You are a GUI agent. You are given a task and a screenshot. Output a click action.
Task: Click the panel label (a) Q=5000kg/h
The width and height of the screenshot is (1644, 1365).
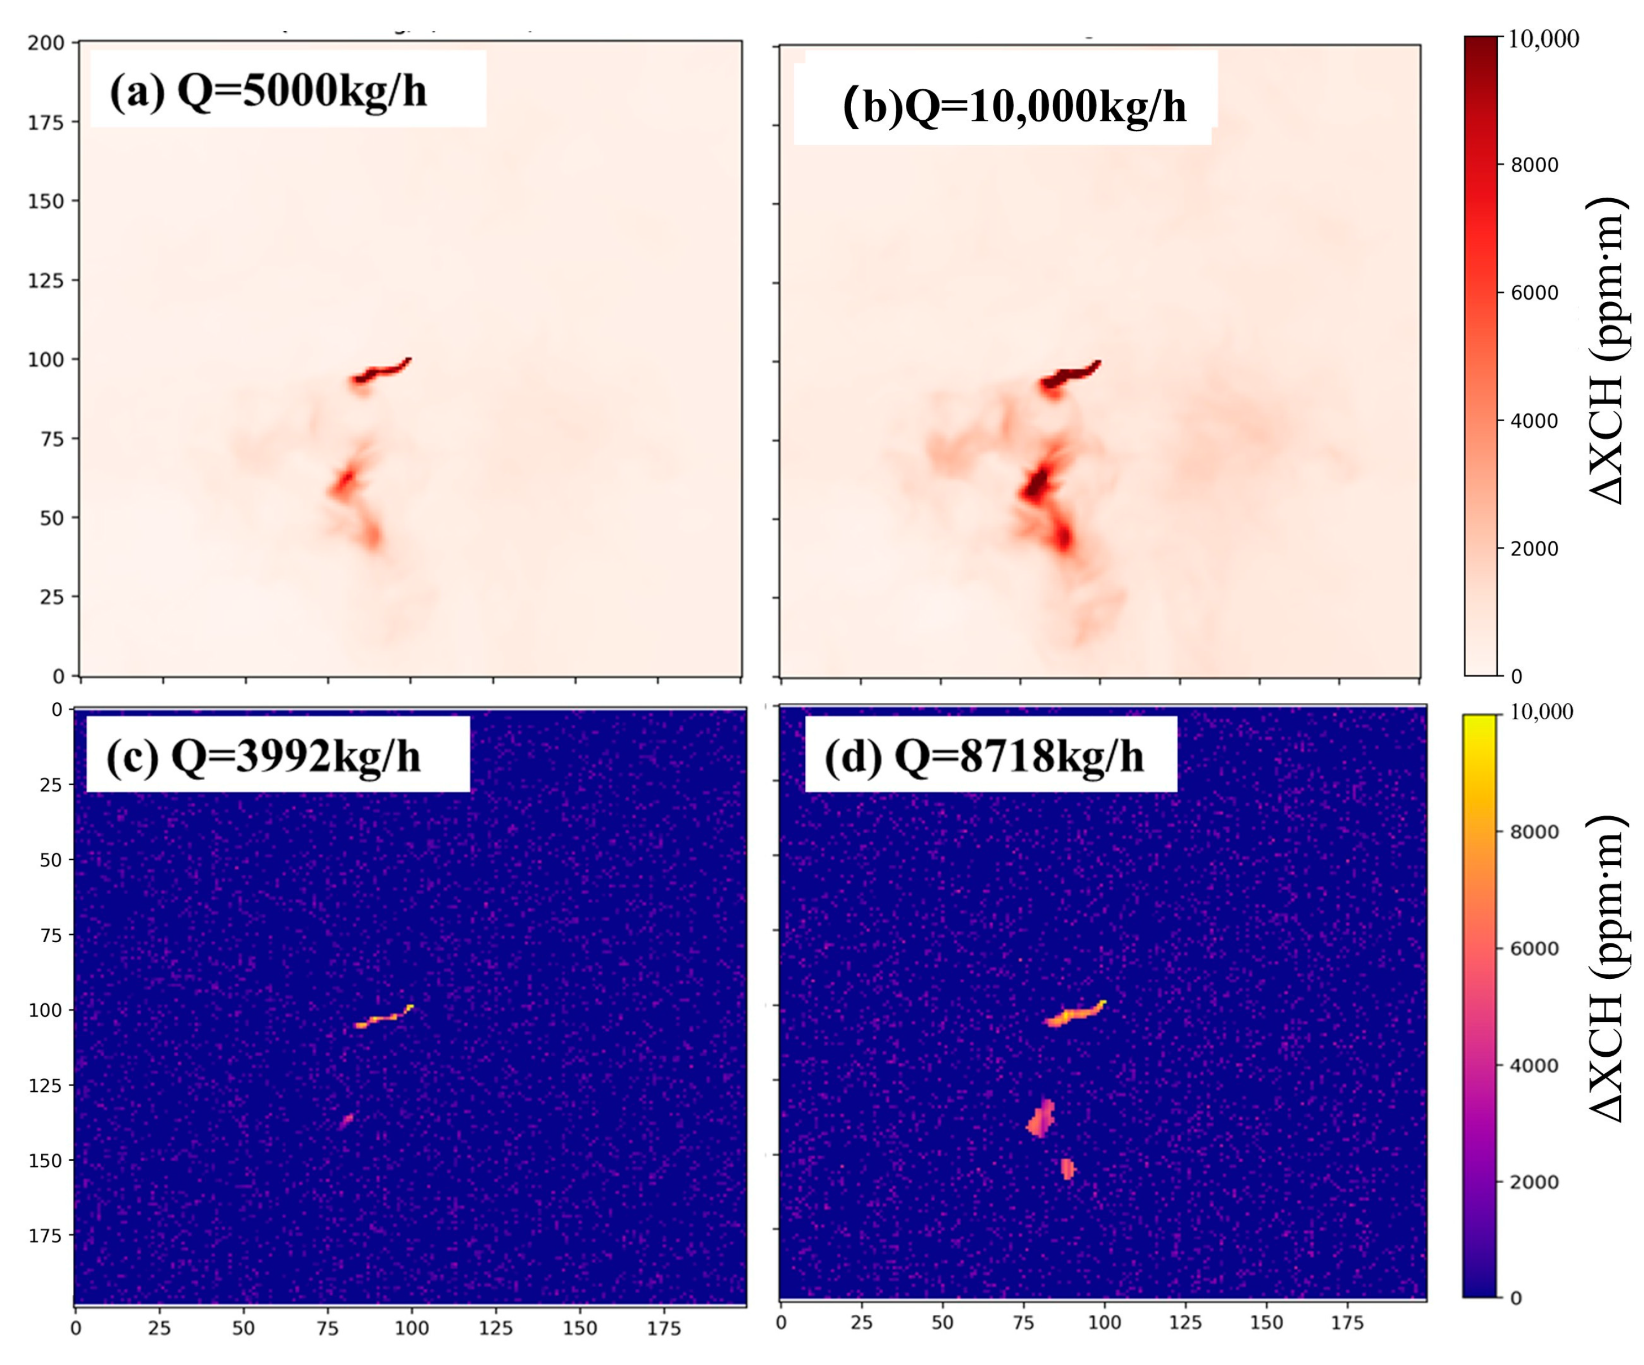(268, 91)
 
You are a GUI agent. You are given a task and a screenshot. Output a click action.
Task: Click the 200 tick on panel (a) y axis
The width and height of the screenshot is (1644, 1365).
(46, 43)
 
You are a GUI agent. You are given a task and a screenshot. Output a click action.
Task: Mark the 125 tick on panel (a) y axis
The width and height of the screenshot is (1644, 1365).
(46, 280)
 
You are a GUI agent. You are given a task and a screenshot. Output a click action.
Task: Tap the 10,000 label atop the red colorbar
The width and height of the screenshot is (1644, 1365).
(1543, 39)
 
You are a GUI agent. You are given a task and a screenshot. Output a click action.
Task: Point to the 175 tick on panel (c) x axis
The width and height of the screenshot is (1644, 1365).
(664, 1328)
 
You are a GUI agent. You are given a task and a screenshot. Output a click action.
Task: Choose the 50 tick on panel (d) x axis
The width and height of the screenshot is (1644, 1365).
(942, 1323)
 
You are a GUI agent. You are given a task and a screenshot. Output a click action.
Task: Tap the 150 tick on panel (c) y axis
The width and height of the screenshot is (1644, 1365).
(50, 1161)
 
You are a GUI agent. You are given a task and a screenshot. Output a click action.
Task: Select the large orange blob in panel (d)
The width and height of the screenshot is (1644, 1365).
(1040, 1119)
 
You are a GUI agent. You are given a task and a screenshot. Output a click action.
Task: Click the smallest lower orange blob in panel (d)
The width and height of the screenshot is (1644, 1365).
(1067, 1169)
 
